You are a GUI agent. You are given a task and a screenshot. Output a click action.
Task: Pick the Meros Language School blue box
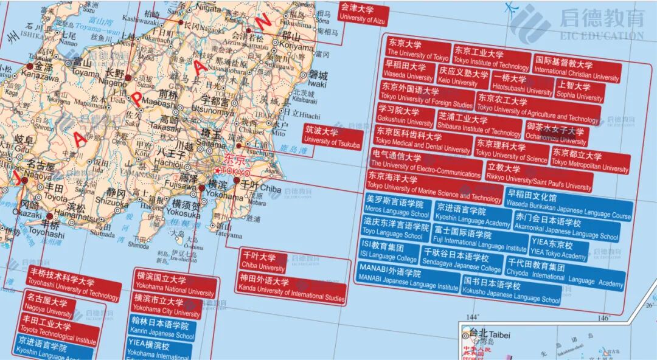(397, 209)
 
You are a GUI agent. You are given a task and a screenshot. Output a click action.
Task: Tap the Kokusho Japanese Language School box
(511, 292)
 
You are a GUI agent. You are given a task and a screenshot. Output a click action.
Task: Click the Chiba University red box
(263, 261)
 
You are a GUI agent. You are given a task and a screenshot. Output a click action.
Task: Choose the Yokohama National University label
(175, 286)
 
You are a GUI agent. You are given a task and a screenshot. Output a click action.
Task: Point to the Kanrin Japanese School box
(160, 330)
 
